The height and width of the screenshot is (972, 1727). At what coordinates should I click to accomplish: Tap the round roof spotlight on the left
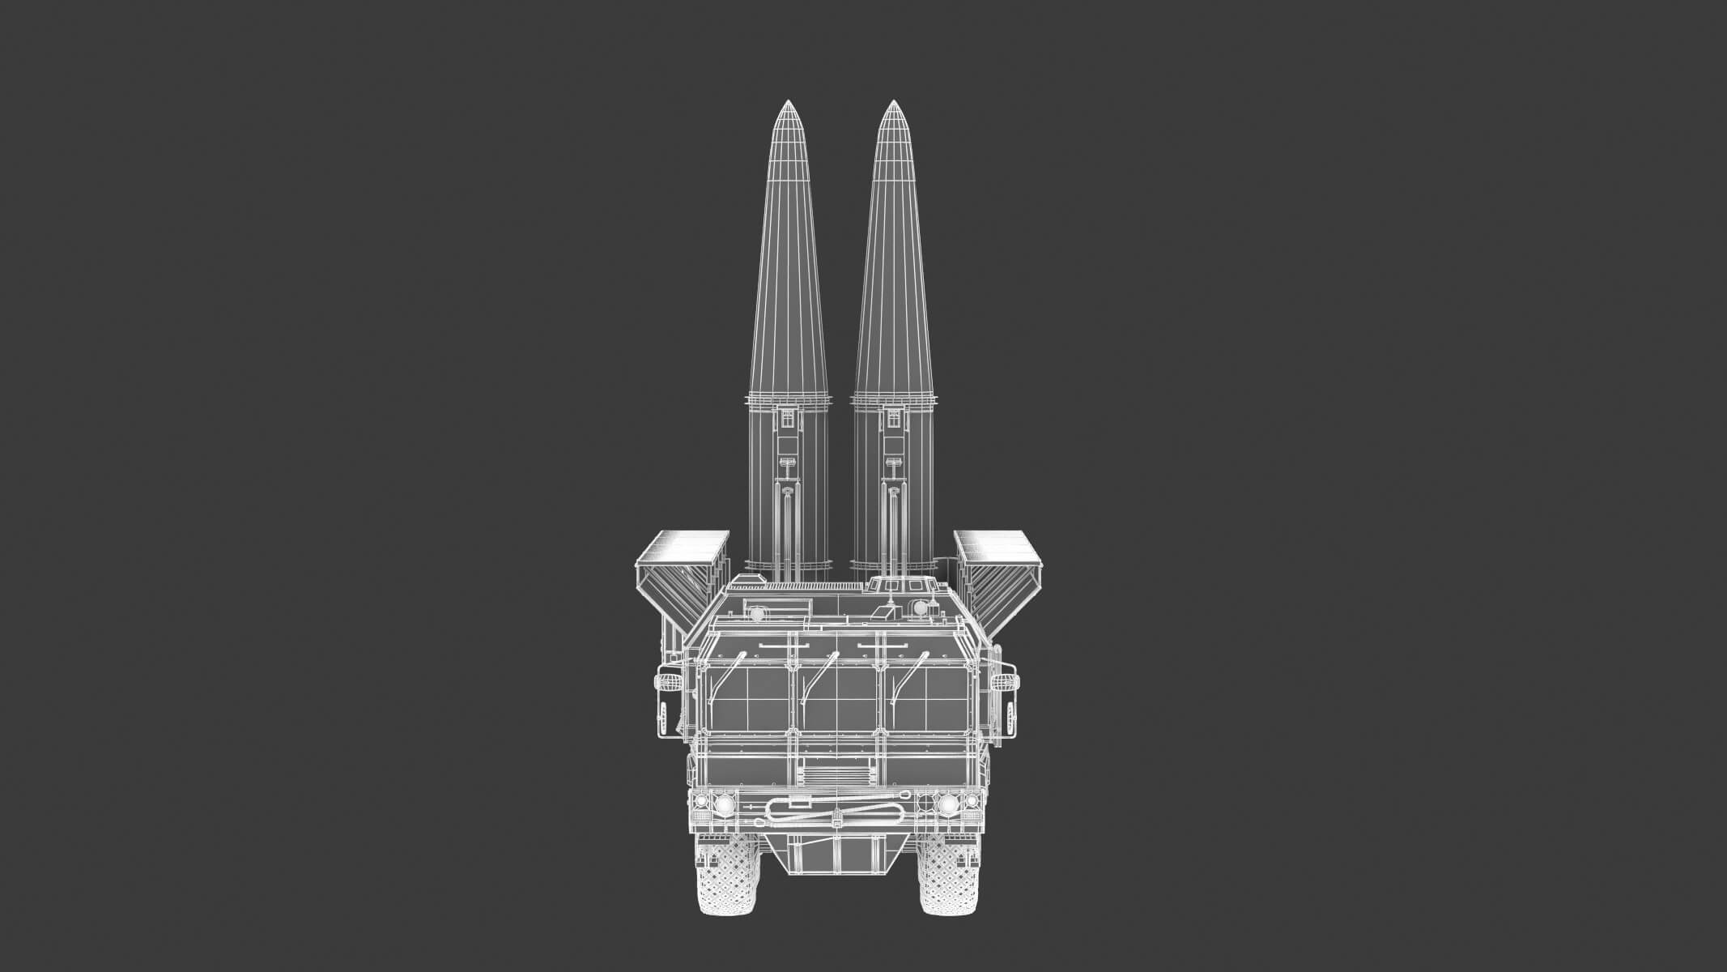(756, 615)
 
